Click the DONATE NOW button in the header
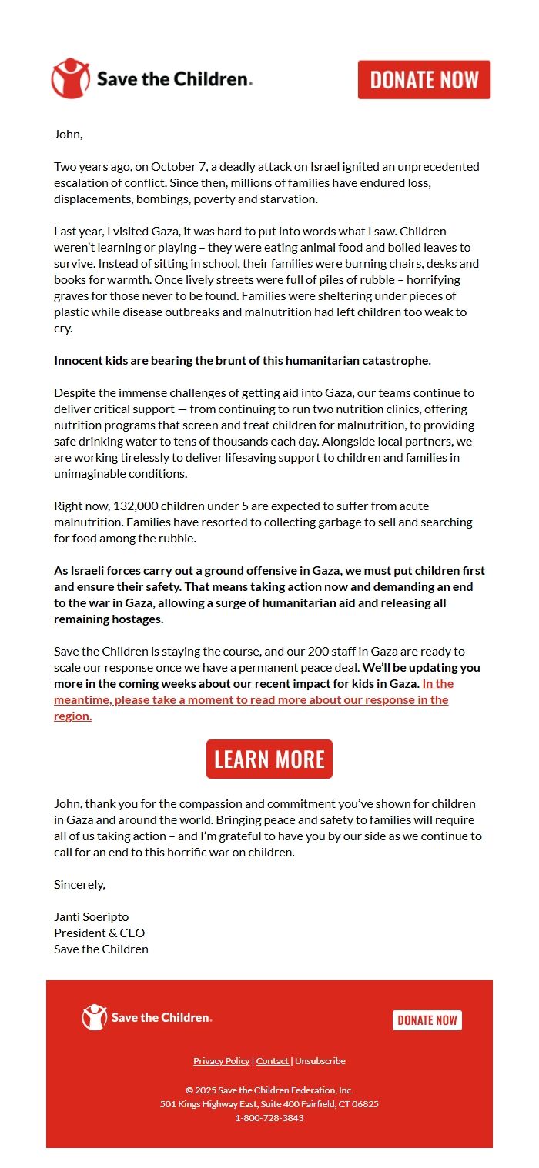click(424, 80)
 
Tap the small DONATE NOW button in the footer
click(427, 1020)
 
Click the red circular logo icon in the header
click(71, 78)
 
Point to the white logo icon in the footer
click(95, 1017)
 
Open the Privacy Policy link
click(222, 1061)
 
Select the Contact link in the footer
click(273, 1061)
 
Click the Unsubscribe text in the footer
click(320, 1061)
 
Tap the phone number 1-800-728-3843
click(269, 1118)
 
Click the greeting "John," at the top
click(68, 135)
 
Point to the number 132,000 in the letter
click(136, 506)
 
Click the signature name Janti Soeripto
click(91, 917)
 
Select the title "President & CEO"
click(99, 933)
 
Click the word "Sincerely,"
click(79, 885)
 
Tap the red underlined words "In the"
click(438, 684)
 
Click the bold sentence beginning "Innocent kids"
click(243, 361)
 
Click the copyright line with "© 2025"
click(269, 1090)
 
